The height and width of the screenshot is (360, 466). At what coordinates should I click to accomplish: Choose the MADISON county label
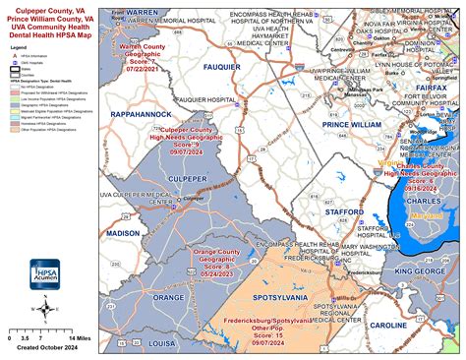pos(123,233)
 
